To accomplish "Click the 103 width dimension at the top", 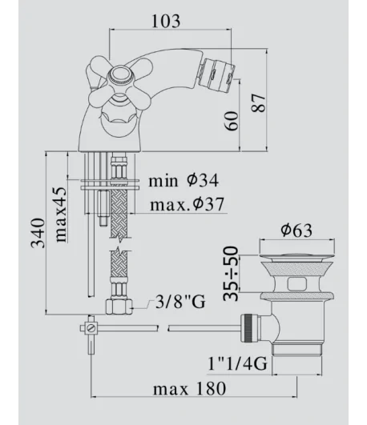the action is click(166, 21).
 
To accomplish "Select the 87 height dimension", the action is click(258, 103).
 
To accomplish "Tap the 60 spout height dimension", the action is click(232, 121).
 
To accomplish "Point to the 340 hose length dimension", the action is click(38, 233).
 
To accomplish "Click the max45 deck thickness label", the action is click(60, 215).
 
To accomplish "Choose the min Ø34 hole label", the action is click(183, 180).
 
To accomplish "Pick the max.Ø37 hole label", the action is click(188, 204).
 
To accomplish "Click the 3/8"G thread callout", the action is click(180, 302).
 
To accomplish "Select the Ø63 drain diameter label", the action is click(296, 231).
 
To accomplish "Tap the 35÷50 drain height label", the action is click(231, 274).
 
